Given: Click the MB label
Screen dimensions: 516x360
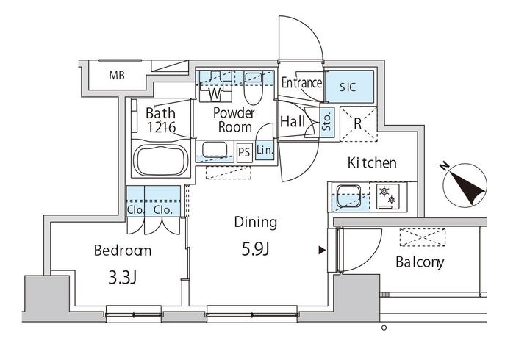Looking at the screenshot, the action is [x=117, y=76].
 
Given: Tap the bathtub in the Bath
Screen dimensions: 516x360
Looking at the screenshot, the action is [x=160, y=161].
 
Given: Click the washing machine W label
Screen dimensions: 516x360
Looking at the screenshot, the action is [x=215, y=94].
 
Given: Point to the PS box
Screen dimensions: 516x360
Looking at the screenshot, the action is [x=244, y=152].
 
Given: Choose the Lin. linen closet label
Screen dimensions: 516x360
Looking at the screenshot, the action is [x=265, y=151].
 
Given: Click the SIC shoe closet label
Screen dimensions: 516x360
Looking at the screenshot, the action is [x=348, y=87].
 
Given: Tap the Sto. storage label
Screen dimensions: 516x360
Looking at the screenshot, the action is [x=326, y=122].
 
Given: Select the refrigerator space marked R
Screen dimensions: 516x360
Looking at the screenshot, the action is [x=359, y=124].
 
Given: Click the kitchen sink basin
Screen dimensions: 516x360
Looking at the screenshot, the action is [x=348, y=196].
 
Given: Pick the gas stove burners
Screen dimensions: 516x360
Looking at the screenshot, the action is [x=387, y=196].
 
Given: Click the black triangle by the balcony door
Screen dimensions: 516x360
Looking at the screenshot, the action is [x=322, y=251].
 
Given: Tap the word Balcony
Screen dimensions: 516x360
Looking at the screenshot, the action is [x=420, y=262].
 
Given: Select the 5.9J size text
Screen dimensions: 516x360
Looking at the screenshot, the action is [x=256, y=250].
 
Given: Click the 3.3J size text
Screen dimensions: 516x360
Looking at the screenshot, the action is [x=123, y=278].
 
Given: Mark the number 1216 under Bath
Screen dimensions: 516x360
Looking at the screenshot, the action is [x=161, y=127].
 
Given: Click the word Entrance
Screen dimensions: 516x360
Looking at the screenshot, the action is [x=301, y=82].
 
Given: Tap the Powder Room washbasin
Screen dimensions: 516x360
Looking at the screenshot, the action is [x=215, y=150].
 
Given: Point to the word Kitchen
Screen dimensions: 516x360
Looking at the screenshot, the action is [x=372, y=163].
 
